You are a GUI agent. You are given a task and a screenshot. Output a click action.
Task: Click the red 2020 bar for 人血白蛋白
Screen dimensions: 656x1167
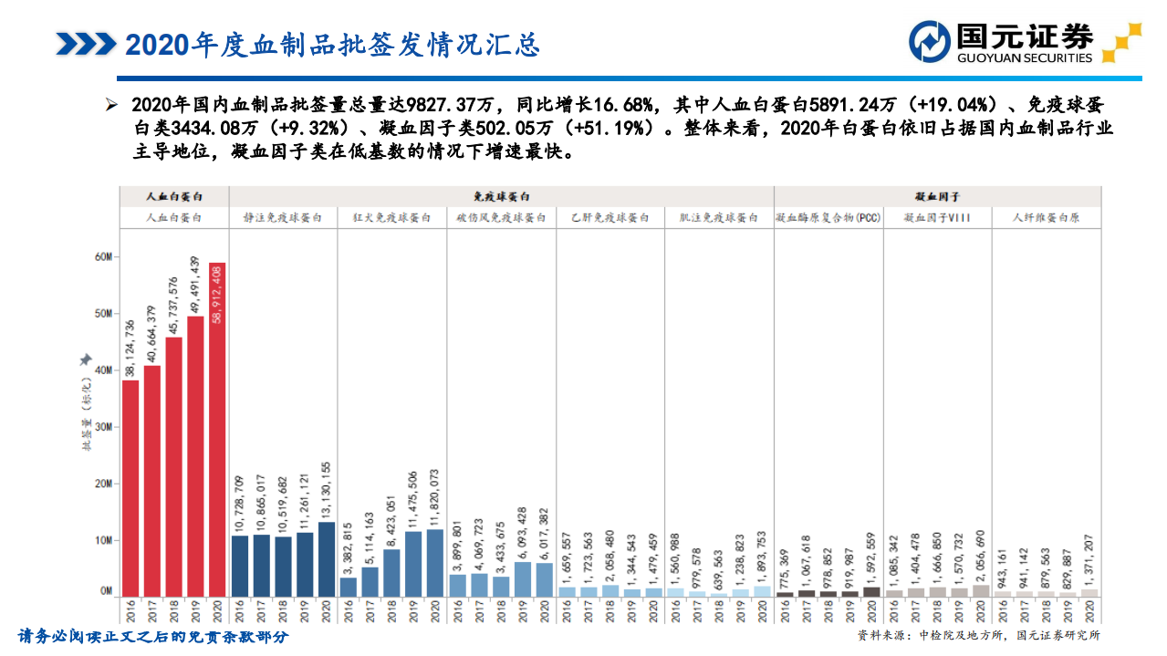(x=217, y=429)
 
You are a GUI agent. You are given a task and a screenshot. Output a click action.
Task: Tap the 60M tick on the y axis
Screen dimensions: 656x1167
(x=103, y=257)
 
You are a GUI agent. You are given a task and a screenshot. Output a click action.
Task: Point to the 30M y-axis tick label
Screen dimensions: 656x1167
(x=103, y=427)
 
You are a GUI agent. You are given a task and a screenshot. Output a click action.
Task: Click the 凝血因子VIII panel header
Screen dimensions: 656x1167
(x=936, y=219)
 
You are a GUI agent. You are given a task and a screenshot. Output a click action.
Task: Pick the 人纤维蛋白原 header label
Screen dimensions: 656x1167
(x=1047, y=219)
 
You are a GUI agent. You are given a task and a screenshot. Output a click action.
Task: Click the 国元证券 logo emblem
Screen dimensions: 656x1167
(x=930, y=42)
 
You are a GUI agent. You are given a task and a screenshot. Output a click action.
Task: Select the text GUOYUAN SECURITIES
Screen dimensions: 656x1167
(x=1024, y=58)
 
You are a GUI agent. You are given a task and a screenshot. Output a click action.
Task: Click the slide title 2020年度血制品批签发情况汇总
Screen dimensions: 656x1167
(x=332, y=44)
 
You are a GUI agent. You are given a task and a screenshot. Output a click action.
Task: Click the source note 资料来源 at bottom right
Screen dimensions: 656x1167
(x=978, y=635)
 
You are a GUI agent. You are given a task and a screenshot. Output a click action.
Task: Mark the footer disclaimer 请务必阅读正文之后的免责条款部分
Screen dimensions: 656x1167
(x=153, y=636)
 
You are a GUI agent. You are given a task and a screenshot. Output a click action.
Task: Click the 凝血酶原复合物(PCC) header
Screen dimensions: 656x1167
(x=828, y=219)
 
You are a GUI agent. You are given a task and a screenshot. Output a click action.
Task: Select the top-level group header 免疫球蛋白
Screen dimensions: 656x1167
(x=501, y=196)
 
